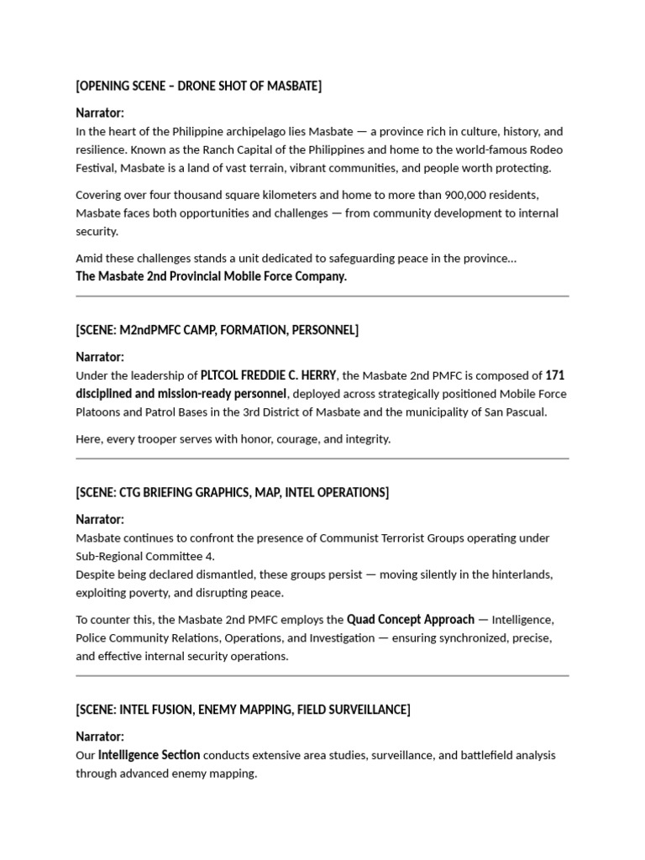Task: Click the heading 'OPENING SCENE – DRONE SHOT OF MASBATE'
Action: click(198, 86)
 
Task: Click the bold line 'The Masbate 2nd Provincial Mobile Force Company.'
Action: click(211, 276)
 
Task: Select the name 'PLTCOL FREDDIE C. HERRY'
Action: click(269, 375)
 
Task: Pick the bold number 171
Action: click(555, 375)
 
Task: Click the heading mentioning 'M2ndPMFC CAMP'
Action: click(217, 330)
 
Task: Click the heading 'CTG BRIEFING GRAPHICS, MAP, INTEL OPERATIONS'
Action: click(232, 492)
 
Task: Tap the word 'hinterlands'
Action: click(522, 574)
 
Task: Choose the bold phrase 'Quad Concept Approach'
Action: click(411, 619)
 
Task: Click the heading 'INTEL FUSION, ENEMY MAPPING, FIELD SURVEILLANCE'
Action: click(243, 710)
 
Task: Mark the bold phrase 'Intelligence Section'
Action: click(149, 754)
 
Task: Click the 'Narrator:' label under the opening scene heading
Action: click(100, 113)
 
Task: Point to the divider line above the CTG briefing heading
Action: click(322, 459)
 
